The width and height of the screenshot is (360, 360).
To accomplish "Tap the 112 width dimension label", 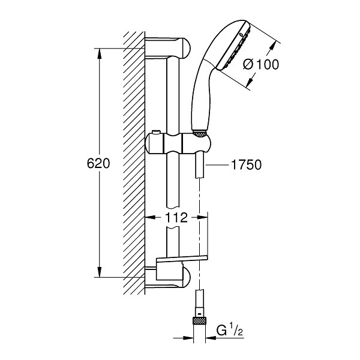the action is [176, 217].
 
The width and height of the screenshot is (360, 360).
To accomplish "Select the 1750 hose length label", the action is [247, 164].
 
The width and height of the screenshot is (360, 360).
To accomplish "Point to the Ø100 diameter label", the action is [261, 64].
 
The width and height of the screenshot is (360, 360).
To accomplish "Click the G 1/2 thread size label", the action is [230, 331].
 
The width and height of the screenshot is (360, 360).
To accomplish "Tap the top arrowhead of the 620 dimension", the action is [100, 53].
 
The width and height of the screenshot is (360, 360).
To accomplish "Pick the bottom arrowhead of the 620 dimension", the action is [100, 272].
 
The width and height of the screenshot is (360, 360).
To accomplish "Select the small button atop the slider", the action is [155, 132].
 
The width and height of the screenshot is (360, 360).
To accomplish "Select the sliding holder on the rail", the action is [178, 144].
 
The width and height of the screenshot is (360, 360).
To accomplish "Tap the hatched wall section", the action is [134, 163].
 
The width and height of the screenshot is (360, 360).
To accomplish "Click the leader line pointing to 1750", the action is [217, 164].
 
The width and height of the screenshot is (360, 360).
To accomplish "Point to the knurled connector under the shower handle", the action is [200, 134].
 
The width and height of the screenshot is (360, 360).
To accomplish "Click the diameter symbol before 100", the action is [248, 65].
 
